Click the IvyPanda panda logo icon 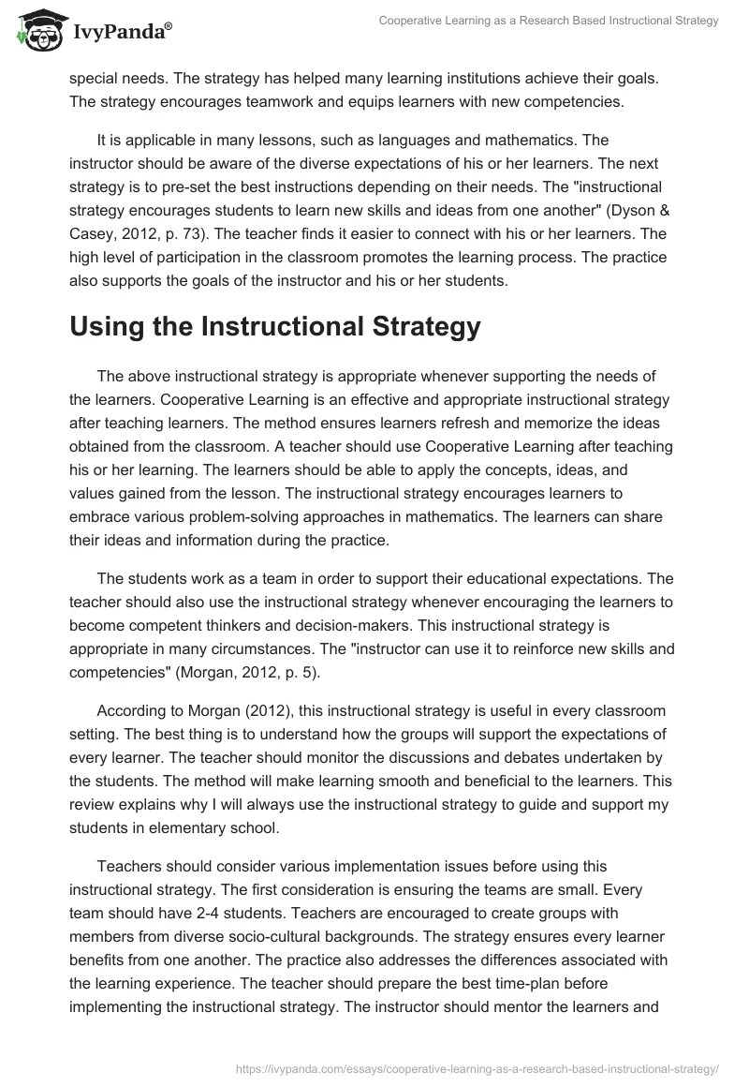[x=35, y=30]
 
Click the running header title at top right [x=548, y=21]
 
